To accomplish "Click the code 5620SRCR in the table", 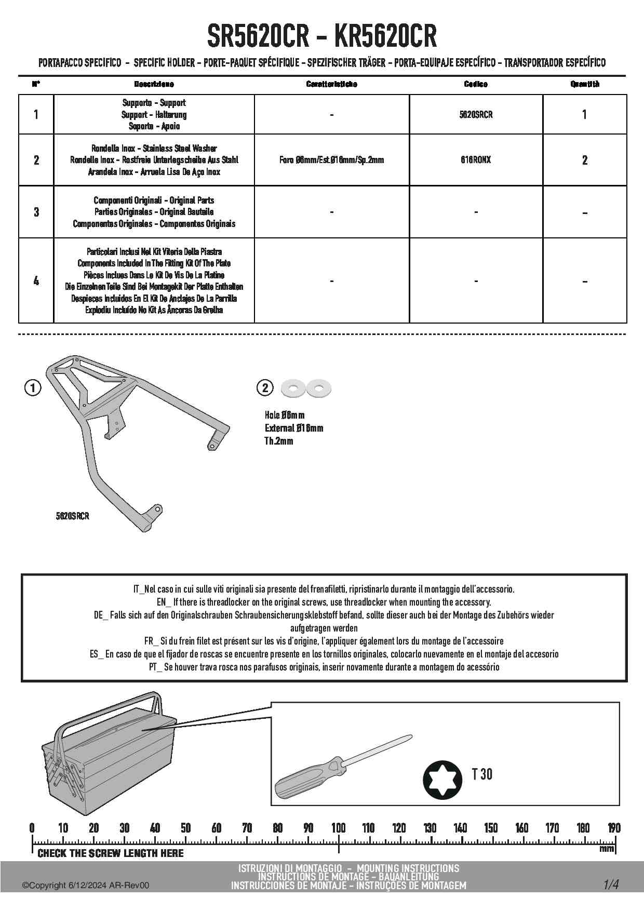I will [x=476, y=115].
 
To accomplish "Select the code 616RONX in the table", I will [x=476, y=160].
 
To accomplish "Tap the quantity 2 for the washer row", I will [x=585, y=160].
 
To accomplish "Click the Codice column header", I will [x=476, y=84].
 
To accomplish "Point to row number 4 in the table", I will [x=36, y=281].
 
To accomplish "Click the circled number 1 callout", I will [x=33, y=388].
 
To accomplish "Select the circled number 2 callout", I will [x=265, y=387].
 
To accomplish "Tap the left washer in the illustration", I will [x=293, y=388].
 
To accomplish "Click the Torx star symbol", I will [x=442, y=779].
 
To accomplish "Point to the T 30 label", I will [x=482, y=774].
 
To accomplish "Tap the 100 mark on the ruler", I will [x=339, y=828].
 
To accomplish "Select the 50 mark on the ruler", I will [x=185, y=828].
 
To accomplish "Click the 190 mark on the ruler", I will [x=614, y=828].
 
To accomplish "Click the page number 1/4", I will [x=611, y=885].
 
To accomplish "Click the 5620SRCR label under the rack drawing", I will [x=72, y=516].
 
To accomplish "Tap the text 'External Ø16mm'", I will [x=294, y=428].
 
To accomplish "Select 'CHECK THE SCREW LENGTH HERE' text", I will [x=111, y=853].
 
